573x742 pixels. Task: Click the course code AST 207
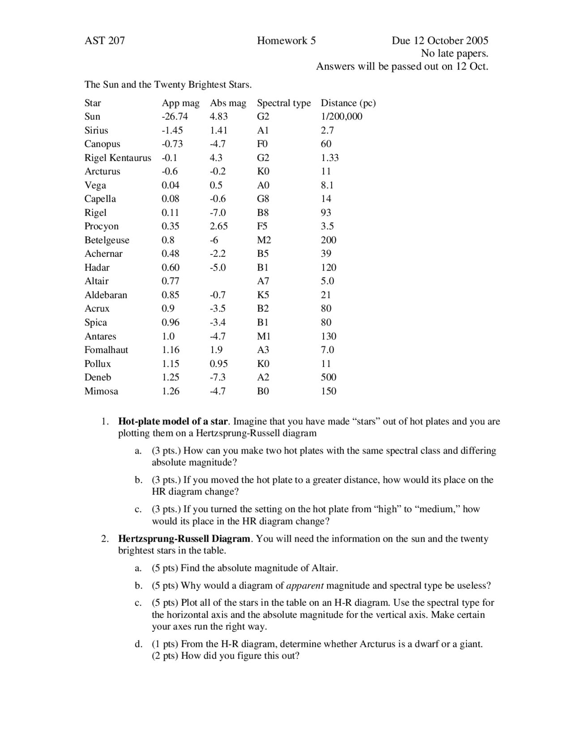105,41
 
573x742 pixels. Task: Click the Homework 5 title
286,41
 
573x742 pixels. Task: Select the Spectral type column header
283,103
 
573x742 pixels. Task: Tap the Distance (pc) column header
348,103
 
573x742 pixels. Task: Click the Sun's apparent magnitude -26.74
175,116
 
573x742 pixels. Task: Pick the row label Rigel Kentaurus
118,158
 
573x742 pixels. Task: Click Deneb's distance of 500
328,377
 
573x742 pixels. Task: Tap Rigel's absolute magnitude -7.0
218,213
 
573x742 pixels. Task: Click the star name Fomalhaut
106,350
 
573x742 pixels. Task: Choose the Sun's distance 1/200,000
341,116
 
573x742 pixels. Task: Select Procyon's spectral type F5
262,226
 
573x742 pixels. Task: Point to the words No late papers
454,54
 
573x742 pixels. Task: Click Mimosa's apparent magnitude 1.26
170,391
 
